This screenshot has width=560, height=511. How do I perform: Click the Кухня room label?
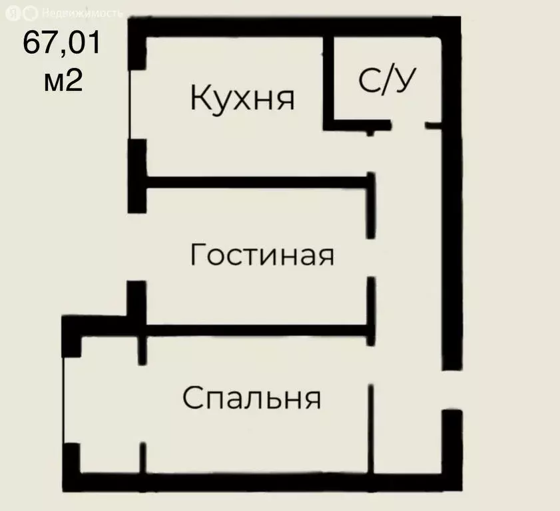click(x=242, y=98)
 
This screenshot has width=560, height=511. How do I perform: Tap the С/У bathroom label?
click(x=388, y=81)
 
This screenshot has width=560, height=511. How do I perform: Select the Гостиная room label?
click(x=261, y=255)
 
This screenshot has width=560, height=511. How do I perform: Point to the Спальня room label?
click(x=252, y=399)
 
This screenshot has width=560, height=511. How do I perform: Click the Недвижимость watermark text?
click(x=81, y=13)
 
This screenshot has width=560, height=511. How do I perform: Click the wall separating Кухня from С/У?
click(x=328, y=80)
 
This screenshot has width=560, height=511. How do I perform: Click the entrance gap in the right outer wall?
click(x=452, y=390)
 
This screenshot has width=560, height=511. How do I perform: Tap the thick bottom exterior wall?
click(x=266, y=481)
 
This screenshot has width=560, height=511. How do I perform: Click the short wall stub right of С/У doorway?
click(x=433, y=125)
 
